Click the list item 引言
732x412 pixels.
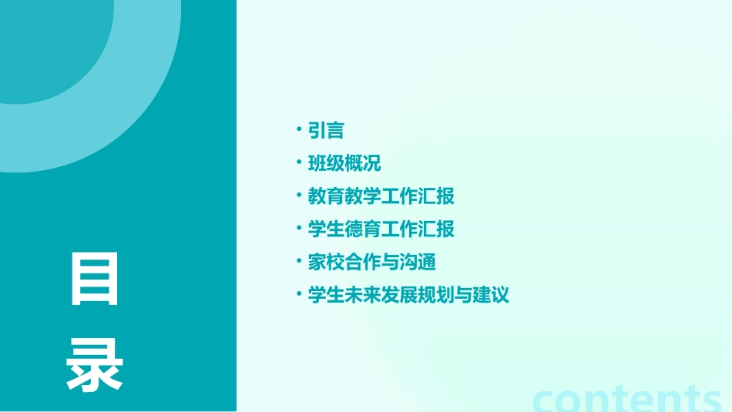pyautogui.click(x=326, y=131)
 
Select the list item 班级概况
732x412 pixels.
pyautogui.click(x=344, y=164)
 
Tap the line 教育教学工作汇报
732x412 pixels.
pyautogui.click(x=381, y=196)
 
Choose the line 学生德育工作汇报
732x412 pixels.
pyautogui.click(x=381, y=229)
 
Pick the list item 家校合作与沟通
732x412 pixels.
pyautogui.click(x=372, y=262)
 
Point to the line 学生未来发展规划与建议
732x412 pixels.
pyautogui.click(x=408, y=295)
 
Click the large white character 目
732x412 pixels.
pyautogui.click(x=95, y=278)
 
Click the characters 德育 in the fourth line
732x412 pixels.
pyautogui.click(x=363, y=229)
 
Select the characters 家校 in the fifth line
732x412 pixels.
pyautogui.click(x=326, y=262)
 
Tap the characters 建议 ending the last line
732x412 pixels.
pyautogui.click(x=491, y=295)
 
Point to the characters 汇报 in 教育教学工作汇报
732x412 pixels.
pyautogui.click(x=436, y=196)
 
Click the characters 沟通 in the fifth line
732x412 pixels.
pyautogui.click(x=418, y=262)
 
